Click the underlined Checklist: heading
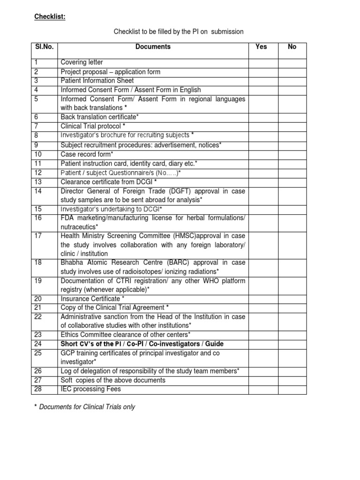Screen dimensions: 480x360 tap(50, 17)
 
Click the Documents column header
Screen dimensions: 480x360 tap(153, 47)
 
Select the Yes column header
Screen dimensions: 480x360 tap(261, 47)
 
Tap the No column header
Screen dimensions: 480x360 tap(292, 47)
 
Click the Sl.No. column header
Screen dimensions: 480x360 tap(44, 47)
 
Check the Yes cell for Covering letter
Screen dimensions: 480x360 tap(263, 63)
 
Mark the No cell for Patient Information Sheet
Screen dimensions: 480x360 tap(292, 81)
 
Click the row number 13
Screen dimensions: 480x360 tap(38, 181)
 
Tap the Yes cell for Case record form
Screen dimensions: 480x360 tap(263, 154)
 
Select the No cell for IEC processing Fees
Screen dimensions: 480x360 tap(292, 389)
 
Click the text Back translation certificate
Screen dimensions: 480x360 tap(100, 117)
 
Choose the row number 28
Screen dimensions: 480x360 tap(38, 389)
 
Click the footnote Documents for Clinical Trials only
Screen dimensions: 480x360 tap(87, 407)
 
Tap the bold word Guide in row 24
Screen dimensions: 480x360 tap(214, 344)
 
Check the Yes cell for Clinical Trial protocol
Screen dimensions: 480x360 tap(263, 126)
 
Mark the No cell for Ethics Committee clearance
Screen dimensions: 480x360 tap(292, 335)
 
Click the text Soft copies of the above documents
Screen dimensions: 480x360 tap(113, 380)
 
